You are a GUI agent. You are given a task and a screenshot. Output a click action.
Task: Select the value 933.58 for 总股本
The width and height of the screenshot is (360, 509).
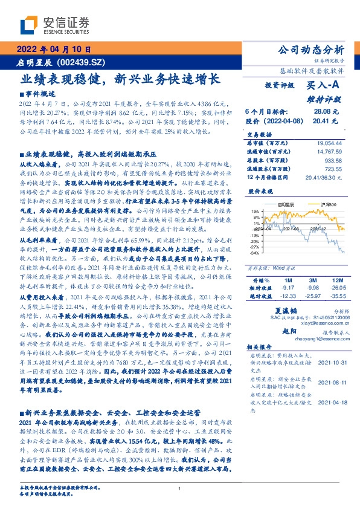[333, 160]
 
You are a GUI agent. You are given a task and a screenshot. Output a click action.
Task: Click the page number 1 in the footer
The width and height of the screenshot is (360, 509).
[179, 489]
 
